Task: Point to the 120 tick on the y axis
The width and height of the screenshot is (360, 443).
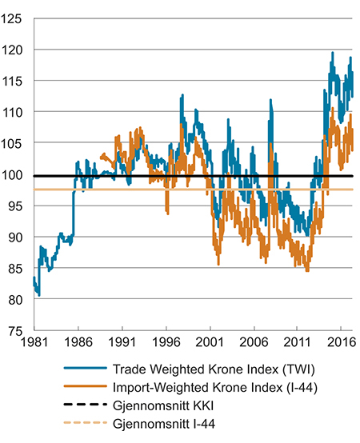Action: point(14,50)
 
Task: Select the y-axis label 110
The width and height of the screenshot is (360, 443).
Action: point(14,112)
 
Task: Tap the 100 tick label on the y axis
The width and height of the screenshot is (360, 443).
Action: point(14,174)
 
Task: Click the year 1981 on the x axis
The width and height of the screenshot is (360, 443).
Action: point(34,340)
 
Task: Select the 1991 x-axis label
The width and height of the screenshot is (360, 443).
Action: point(122,340)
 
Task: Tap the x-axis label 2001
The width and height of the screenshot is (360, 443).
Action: point(210,340)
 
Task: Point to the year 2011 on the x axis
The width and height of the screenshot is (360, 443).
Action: point(297,340)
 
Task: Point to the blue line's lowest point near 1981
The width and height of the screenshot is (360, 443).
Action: point(38,296)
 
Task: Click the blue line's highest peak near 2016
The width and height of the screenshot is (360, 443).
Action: point(332,53)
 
